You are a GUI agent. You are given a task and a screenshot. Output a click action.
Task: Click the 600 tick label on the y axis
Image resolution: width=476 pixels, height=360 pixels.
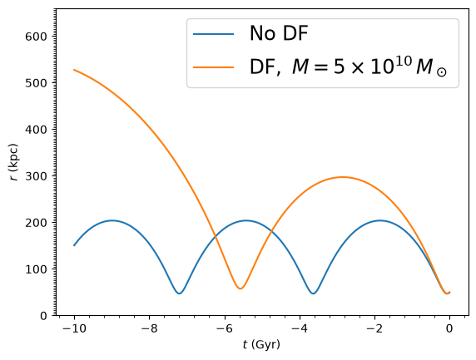click(x=36, y=37)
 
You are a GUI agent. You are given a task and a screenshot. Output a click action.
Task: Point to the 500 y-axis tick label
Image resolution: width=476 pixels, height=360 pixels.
click(x=36, y=83)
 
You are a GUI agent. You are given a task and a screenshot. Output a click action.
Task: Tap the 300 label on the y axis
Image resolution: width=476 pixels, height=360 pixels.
click(x=36, y=176)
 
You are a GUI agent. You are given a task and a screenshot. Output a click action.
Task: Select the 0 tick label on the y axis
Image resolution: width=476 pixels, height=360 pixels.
click(x=43, y=316)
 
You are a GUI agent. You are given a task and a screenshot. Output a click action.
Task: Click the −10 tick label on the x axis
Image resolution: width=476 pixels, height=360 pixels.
click(x=74, y=328)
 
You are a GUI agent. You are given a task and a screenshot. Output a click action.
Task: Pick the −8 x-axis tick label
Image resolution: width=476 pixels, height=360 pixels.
click(x=149, y=328)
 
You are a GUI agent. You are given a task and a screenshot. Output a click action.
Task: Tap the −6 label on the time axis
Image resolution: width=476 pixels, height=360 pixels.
click(x=225, y=328)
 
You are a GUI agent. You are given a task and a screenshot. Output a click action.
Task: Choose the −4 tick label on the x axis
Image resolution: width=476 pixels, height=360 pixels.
click(x=300, y=328)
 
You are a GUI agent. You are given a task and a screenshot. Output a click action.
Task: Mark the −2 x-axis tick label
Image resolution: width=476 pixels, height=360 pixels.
click(x=375, y=328)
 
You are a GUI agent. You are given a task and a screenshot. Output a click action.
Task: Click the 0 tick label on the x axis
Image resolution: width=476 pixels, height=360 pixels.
click(x=449, y=328)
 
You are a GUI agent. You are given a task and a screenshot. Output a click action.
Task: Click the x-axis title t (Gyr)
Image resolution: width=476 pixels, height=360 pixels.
click(x=261, y=345)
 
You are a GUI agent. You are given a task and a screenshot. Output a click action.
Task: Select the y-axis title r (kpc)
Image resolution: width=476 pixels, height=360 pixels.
click(x=13, y=162)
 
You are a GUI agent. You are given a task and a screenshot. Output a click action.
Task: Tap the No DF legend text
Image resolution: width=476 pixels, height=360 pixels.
click(x=279, y=32)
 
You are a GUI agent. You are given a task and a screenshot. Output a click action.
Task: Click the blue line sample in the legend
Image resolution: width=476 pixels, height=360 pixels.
click(x=213, y=34)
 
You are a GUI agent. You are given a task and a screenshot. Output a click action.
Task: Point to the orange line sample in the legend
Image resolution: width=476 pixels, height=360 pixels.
click(x=213, y=67)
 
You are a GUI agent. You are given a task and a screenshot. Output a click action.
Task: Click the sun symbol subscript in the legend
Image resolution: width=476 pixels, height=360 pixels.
click(x=442, y=72)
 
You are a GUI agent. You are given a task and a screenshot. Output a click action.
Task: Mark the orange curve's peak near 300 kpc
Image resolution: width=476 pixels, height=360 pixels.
click(x=342, y=177)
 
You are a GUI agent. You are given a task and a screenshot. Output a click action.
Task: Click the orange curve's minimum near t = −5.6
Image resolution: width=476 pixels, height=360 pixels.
click(x=240, y=288)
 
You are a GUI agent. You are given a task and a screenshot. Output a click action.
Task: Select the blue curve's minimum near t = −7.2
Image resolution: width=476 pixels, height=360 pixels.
click(x=179, y=293)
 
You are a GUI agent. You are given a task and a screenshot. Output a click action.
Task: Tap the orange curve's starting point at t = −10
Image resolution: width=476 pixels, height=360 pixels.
click(x=74, y=70)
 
